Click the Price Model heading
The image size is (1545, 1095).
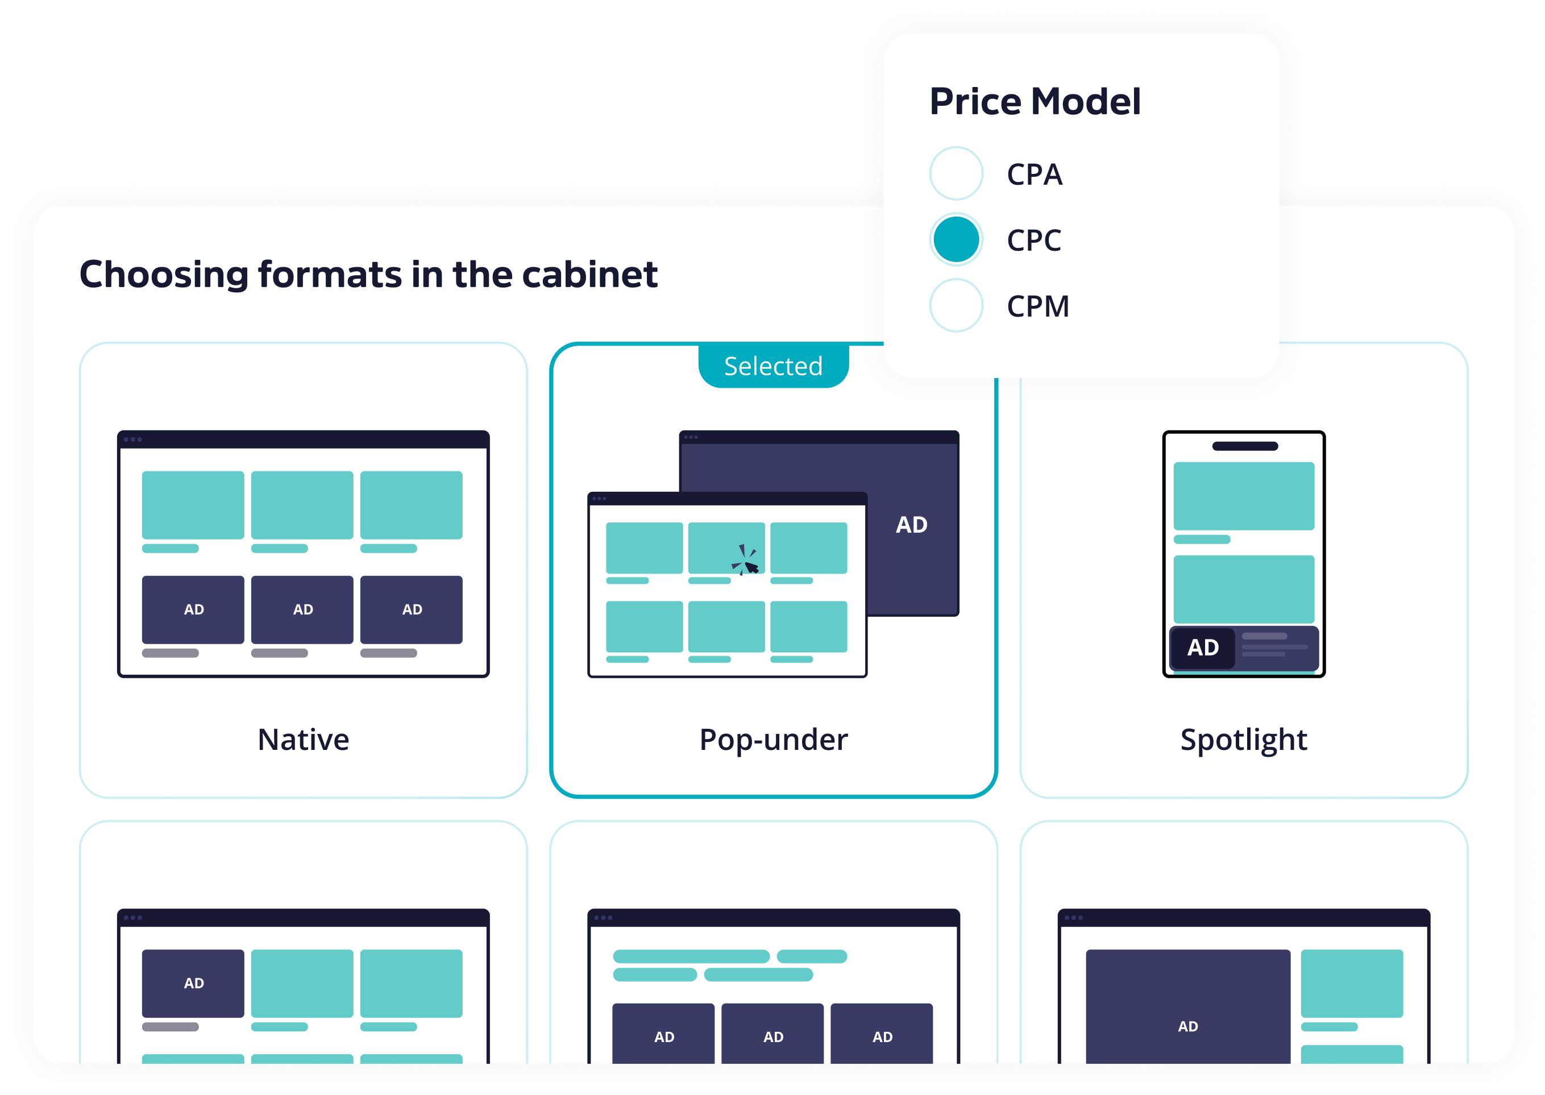pyautogui.click(x=1035, y=101)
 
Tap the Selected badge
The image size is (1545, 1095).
pyautogui.click(x=773, y=366)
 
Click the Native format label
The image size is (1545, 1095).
pyautogui.click(x=304, y=740)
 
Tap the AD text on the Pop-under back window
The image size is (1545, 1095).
pyautogui.click(x=911, y=525)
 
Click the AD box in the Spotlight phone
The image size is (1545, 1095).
pyautogui.click(x=1203, y=648)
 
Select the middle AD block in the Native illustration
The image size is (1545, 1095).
pyautogui.click(x=302, y=609)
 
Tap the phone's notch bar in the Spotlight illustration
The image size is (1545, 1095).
pyautogui.click(x=1244, y=446)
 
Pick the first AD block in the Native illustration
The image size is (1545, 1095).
pyautogui.click(x=193, y=609)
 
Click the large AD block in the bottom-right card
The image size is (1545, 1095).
pyautogui.click(x=1187, y=1008)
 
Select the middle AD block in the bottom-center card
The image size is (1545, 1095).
pyautogui.click(x=772, y=1034)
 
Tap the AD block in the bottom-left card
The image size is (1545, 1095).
pyautogui.click(x=193, y=983)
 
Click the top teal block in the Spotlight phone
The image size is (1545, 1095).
pyautogui.click(x=1244, y=496)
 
